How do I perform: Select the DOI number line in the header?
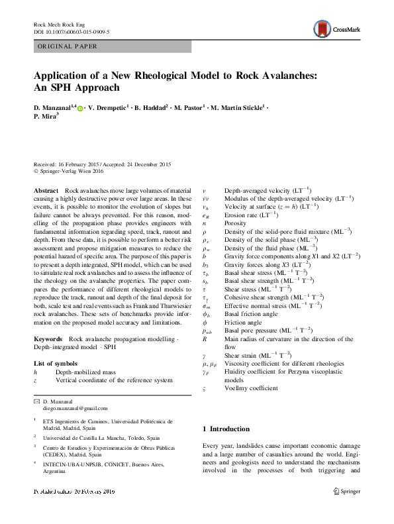click(x=72, y=31)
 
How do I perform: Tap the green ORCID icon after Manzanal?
click(x=80, y=107)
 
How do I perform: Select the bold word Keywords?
click(x=48, y=339)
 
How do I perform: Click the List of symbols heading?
click(x=56, y=363)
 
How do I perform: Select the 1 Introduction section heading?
click(x=230, y=429)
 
